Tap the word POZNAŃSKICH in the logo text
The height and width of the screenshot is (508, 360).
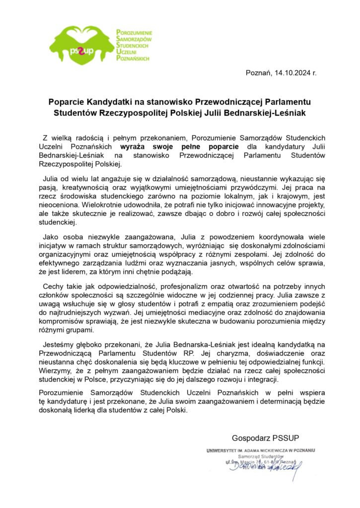(x=132, y=58)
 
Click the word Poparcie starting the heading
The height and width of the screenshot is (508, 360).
(x=66, y=102)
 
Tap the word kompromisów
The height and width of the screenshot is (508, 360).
(x=61, y=321)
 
